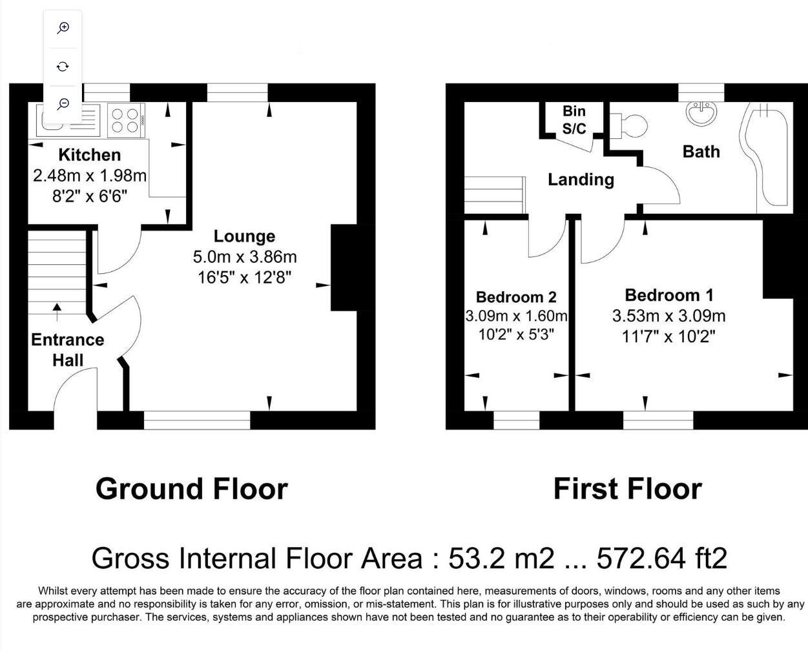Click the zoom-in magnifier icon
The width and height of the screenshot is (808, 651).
pyautogui.click(x=63, y=28)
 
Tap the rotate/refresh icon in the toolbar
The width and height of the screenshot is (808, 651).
pyautogui.click(x=63, y=66)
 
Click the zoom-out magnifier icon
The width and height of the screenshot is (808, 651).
pyautogui.click(x=63, y=103)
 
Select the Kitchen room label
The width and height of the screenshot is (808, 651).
pyautogui.click(x=89, y=155)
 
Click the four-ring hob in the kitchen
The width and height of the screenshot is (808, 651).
pyautogui.click(x=125, y=119)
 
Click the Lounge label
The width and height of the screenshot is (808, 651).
pyautogui.click(x=244, y=236)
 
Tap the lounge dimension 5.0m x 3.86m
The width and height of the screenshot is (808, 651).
pyautogui.click(x=245, y=257)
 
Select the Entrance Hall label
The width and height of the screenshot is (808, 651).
pyautogui.click(x=67, y=349)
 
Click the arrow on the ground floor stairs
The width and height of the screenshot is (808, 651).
pyautogui.click(x=57, y=312)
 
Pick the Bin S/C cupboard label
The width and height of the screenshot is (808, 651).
pyautogui.click(x=574, y=120)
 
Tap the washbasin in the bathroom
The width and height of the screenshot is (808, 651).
pyautogui.click(x=701, y=114)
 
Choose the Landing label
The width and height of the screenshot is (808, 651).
pyautogui.click(x=581, y=180)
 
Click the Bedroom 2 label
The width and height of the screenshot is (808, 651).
pyautogui.click(x=516, y=297)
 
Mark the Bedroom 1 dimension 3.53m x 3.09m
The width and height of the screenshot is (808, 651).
pyautogui.click(x=668, y=316)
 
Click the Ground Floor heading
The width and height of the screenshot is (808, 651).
pyautogui.click(x=191, y=489)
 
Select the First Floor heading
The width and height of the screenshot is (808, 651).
pyautogui.click(x=627, y=489)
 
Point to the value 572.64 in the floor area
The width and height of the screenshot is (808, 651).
pyautogui.click(x=640, y=558)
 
